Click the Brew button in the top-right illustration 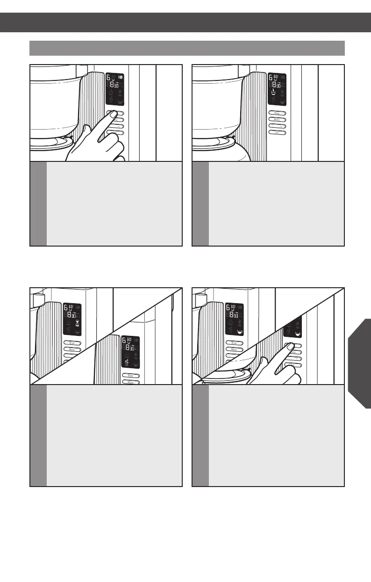(x=277, y=113)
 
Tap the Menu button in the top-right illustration (x=277, y=120)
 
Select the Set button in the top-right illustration (x=277, y=133)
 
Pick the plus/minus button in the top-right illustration (x=277, y=126)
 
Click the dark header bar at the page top (x=185, y=22)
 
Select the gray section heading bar (x=187, y=48)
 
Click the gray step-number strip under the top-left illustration (x=38, y=204)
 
